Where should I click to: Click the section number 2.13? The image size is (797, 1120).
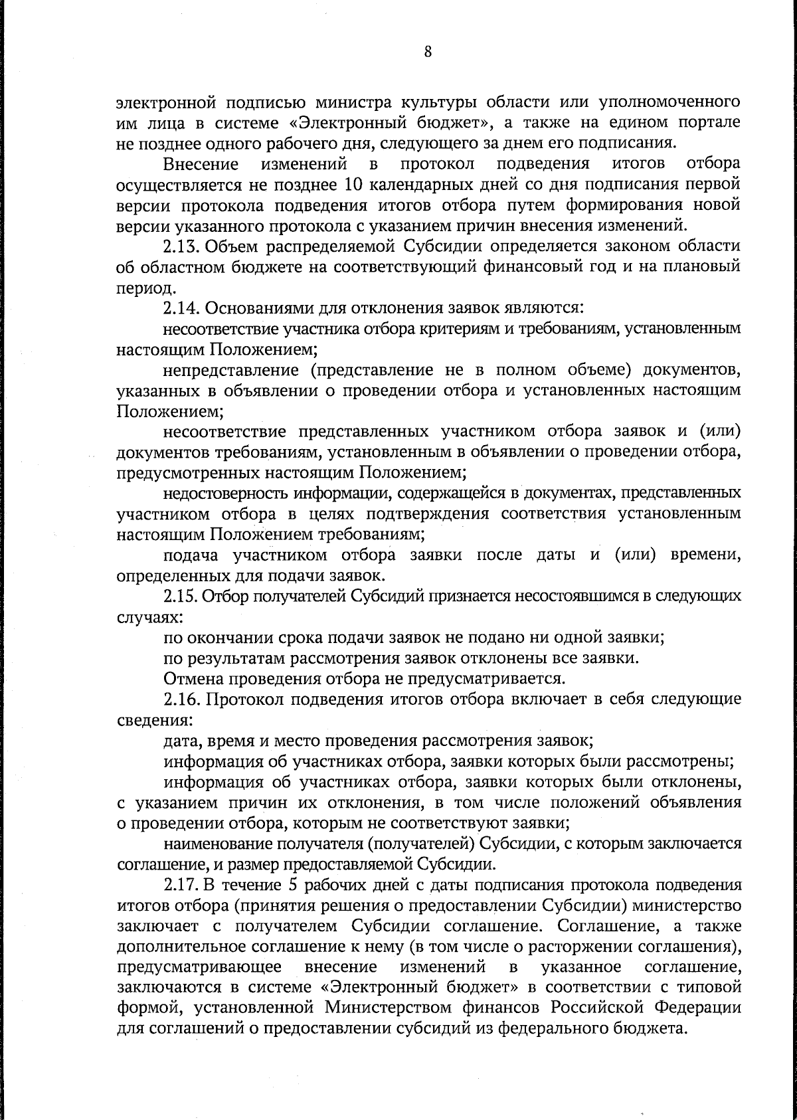tap(181, 246)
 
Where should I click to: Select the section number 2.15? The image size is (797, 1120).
tap(181, 596)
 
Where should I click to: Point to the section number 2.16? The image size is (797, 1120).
tap(181, 699)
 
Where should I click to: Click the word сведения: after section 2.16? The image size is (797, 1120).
tap(145, 720)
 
